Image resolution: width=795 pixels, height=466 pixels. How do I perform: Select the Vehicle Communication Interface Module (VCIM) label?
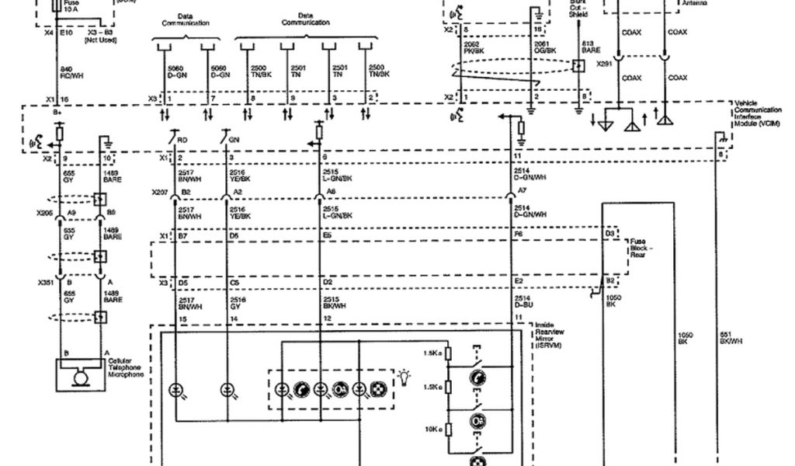click(x=756, y=114)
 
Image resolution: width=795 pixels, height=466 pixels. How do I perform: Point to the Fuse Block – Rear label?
click(x=640, y=248)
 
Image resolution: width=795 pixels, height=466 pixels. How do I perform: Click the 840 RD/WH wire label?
click(x=71, y=73)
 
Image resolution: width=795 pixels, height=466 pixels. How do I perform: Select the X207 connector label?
click(x=159, y=191)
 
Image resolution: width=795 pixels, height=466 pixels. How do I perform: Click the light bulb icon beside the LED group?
click(x=403, y=377)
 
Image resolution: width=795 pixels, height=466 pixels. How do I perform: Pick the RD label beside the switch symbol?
click(x=182, y=140)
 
